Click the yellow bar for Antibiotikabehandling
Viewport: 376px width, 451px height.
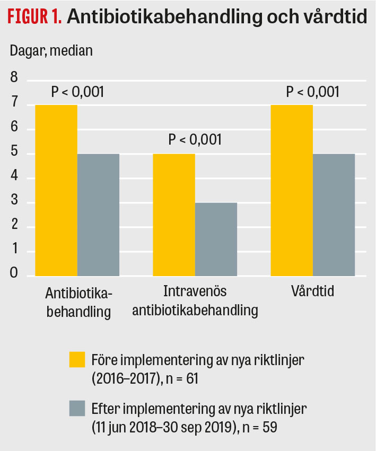[56, 190]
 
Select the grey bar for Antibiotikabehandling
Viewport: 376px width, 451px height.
[98, 215]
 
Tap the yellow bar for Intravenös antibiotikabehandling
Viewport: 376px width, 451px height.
[174, 215]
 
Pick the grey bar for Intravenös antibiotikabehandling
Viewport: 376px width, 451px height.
[216, 239]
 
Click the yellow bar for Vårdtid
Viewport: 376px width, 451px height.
[292, 190]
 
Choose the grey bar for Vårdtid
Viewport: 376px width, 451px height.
[334, 215]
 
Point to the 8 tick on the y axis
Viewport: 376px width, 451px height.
[14, 80]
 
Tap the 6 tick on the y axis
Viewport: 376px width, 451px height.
[14, 129]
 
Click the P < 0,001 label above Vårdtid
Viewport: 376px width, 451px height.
[312, 92]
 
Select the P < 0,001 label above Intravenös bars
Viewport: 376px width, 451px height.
[195, 140]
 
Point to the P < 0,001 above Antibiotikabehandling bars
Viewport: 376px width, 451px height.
[77, 92]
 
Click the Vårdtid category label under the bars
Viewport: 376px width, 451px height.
[312, 292]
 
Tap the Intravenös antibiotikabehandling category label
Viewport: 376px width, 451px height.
[195, 300]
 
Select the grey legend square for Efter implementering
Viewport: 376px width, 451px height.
[77, 408]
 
